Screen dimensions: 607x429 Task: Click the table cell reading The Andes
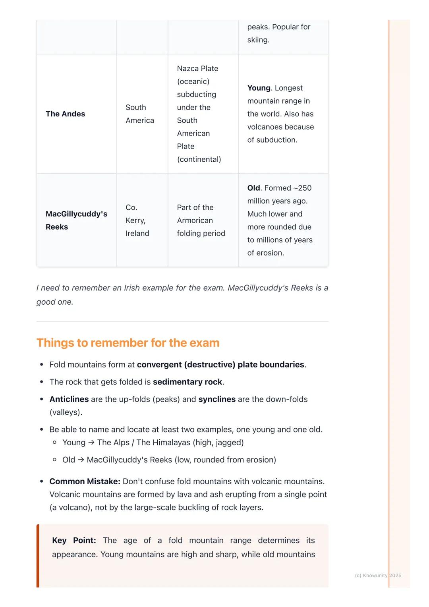coord(65,114)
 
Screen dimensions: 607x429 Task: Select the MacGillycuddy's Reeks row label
coord(76,220)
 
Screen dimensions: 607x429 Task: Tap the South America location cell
coord(139,114)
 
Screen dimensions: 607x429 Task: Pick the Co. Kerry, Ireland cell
coord(137,220)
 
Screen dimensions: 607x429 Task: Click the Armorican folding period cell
coord(201,220)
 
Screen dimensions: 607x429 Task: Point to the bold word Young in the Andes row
coord(259,88)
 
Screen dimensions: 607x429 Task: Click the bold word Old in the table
coord(253,188)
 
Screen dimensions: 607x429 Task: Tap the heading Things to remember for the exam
coord(128,342)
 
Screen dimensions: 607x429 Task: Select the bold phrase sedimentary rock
coord(187,382)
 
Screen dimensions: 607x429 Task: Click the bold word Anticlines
coord(69,399)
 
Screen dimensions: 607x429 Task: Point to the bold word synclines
coord(217,399)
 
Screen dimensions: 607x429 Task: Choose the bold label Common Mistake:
coord(85,481)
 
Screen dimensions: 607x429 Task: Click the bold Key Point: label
coord(74,540)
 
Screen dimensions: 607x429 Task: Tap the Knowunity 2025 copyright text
coord(378,575)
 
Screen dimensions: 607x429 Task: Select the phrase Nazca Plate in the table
coord(197,68)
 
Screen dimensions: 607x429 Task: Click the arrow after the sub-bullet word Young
coord(91,442)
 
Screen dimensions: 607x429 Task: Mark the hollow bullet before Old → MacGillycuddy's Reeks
coord(55,460)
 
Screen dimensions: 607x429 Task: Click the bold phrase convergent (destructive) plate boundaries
coord(220,364)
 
